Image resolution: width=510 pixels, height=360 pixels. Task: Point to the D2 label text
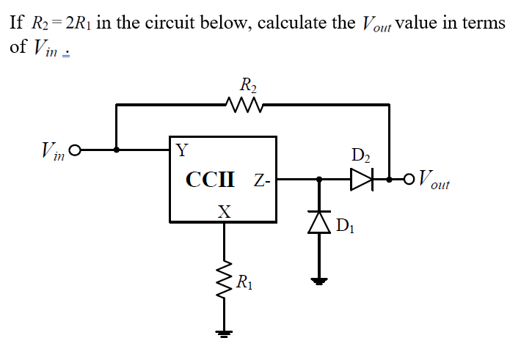pyautogui.click(x=361, y=155)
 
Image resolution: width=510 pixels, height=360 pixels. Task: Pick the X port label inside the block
pyautogui.click(x=225, y=213)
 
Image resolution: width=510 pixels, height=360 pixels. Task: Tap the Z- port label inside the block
pyautogui.click(x=262, y=180)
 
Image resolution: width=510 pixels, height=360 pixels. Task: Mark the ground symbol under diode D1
pyautogui.click(x=319, y=279)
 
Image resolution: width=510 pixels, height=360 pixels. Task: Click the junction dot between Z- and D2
pyautogui.click(x=319, y=178)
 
